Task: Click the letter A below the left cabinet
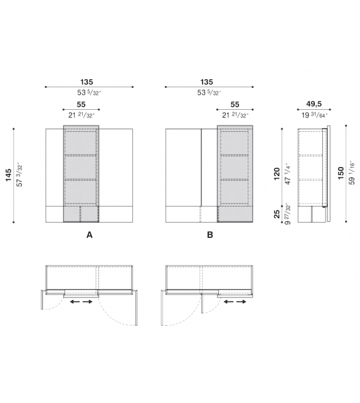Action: coord(90,235)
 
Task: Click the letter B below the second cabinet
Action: coord(210,235)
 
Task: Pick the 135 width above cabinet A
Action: coord(91,82)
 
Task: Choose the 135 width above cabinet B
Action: coord(206,82)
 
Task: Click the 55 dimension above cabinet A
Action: coord(81,104)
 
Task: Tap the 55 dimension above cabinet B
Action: coord(235,104)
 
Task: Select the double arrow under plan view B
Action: coord(235,303)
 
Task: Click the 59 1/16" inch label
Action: coord(352,174)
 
